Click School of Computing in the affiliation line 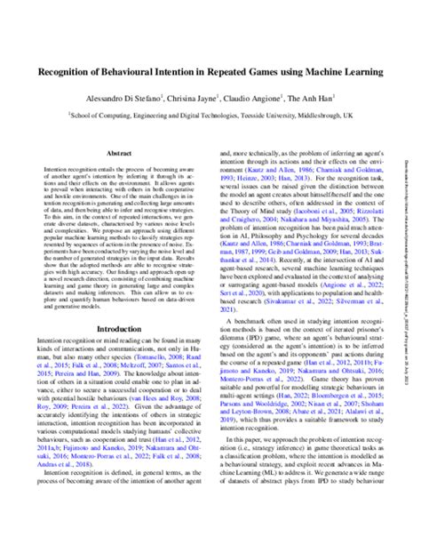pos(104,116)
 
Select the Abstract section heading pos(120,154)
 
